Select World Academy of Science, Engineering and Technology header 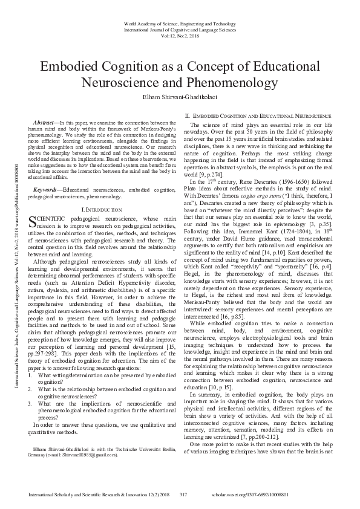pyautogui.click(x=180, y=22)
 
